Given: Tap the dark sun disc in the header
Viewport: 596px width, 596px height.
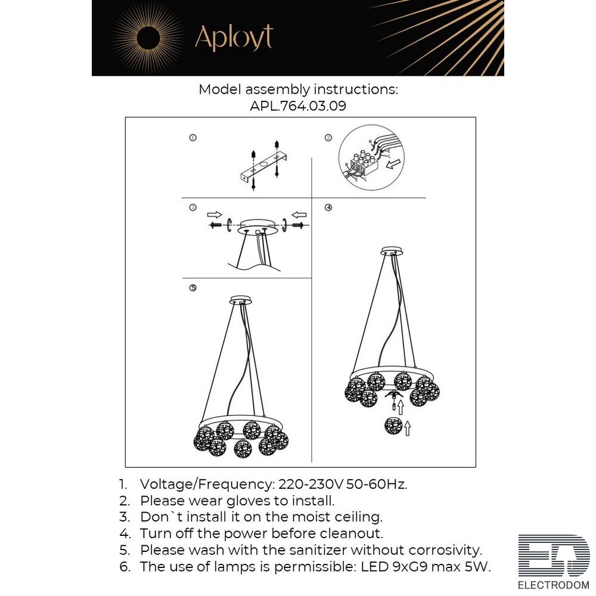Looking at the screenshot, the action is (x=149, y=38).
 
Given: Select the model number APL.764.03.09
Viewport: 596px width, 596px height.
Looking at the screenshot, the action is (x=298, y=105).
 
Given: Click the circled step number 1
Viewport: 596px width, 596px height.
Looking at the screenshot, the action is (x=193, y=138).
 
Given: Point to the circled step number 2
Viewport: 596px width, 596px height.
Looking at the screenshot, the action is (x=328, y=138).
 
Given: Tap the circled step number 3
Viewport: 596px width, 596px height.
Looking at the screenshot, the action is (x=193, y=207).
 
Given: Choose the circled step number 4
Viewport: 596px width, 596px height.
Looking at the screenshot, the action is (x=328, y=207).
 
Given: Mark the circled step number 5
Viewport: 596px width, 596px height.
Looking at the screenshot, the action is (x=193, y=288).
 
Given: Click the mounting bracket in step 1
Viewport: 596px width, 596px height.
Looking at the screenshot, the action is (x=263, y=167).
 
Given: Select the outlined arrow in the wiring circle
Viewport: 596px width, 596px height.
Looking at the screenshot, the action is (x=393, y=164).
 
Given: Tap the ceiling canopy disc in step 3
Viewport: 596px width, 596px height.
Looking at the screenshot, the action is (x=257, y=226).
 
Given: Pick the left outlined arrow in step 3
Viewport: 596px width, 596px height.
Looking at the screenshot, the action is (x=215, y=215).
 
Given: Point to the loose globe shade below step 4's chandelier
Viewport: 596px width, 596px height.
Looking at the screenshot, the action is (x=393, y=426).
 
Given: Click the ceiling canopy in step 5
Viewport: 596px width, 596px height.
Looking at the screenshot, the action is (x=241, y=300).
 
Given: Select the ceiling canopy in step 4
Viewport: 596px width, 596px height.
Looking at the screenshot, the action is (x=392, y=251).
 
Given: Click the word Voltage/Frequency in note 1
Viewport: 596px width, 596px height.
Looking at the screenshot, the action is (x=207, y=485).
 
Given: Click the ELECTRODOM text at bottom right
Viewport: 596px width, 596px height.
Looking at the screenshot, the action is (x=554, y=585).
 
